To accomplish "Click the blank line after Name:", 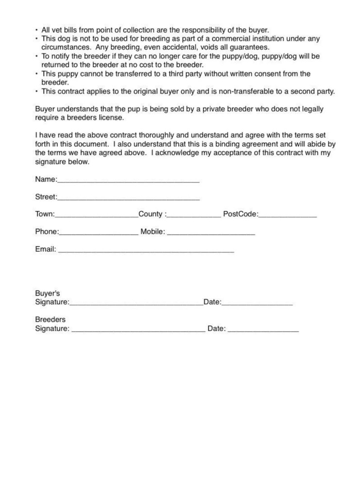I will click(x=128, y=181).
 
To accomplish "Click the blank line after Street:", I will click(x=128, y=199).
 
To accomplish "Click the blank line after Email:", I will click(x=146, y=252).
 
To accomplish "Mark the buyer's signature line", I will click(x=136, y=304).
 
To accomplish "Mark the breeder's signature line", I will click(x=138, y=331).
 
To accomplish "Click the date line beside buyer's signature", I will click(x=257, y=304).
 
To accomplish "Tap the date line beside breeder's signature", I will click(x=263, y=331).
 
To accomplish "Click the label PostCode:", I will click(x=240, y=214).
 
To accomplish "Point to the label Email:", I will click(x=46, y=249).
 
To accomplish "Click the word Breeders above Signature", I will click(x=50, y=320).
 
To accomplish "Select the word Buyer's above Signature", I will click(x=48, y=293).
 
